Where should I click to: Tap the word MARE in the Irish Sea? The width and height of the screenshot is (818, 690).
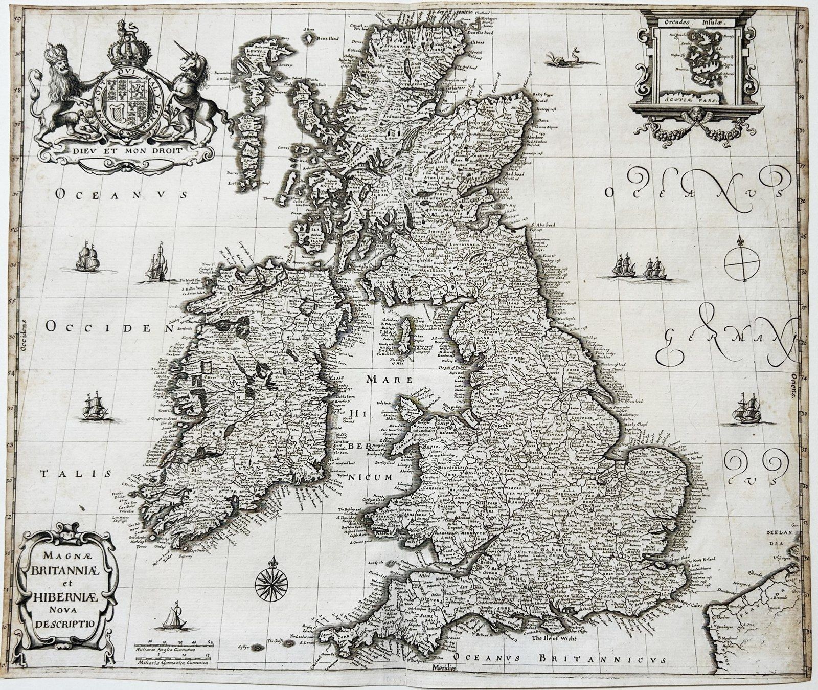point(410,380)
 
